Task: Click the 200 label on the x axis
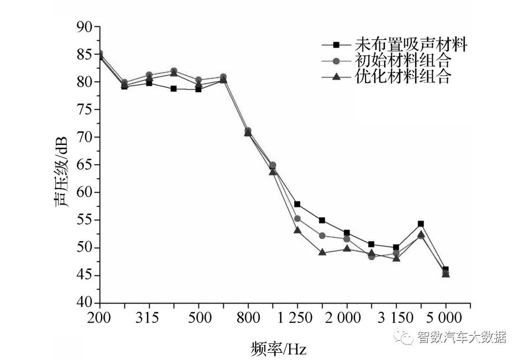coord(99,318)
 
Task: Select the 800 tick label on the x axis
coord(248,318)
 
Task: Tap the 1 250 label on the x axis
coord(297,318)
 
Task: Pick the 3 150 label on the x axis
coord(396,318)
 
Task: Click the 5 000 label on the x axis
coord(446,318)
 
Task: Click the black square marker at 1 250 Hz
coord(297,204)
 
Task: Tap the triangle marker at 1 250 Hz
coord(297,229)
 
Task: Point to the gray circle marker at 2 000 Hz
coord(347,239)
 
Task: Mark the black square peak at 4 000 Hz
coord(421,224)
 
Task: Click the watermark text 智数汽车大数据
coord(462,337)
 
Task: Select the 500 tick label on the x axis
coord(198,318)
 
